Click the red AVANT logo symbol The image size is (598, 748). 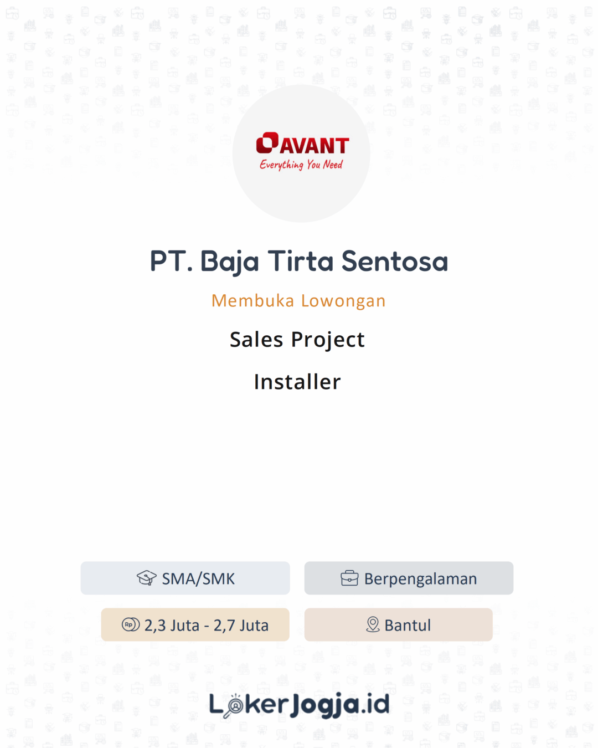267,142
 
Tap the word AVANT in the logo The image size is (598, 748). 315,146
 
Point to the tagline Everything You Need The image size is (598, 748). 301,165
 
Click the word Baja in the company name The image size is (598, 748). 229,262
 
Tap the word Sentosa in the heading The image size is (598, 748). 394,261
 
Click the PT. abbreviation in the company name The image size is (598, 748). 171,261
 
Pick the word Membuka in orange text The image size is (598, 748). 252,300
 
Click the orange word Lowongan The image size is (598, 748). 343,301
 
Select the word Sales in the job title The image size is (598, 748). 256,340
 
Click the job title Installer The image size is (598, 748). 297,382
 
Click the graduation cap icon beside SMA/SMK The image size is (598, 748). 147,578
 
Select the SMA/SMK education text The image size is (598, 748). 198,578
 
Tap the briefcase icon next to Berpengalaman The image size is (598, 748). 349,578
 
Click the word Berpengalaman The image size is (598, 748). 420,579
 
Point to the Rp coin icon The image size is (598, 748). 131,624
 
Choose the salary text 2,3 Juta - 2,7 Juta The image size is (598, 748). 206,625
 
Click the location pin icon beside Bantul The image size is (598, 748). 373,624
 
